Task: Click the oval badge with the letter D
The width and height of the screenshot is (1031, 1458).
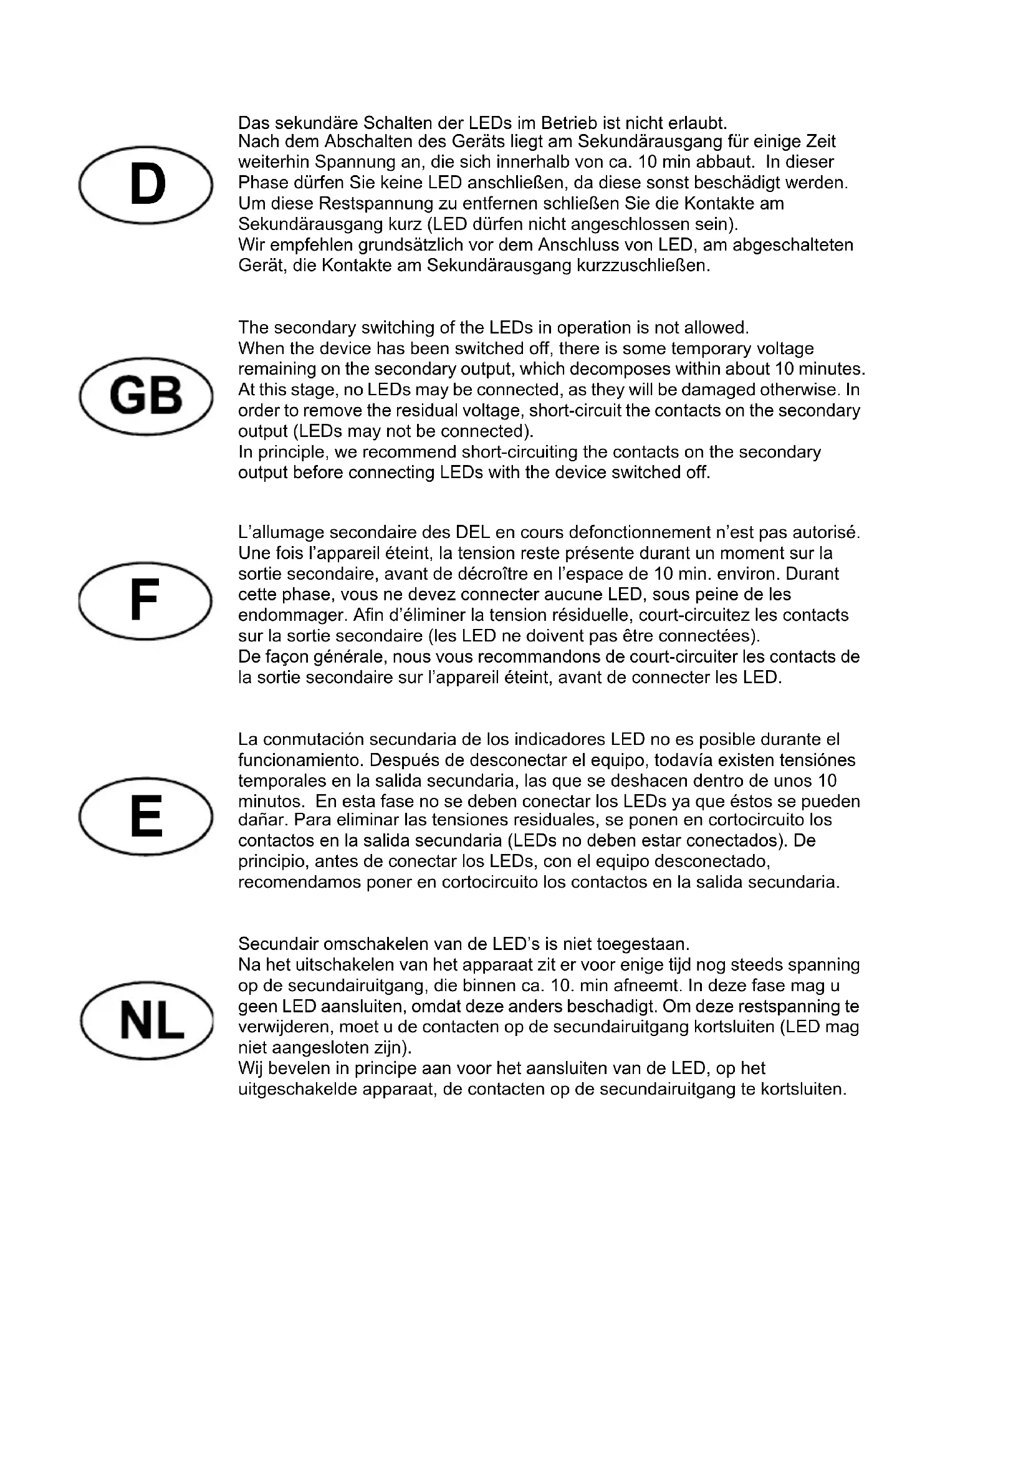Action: click(145, 185)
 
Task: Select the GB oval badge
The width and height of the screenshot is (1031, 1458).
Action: click(145, 396)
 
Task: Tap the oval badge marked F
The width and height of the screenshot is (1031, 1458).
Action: click(145, 601)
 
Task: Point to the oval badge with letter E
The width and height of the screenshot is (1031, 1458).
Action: click(145, 816)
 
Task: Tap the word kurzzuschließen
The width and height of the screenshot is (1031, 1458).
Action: click(643, 266)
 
